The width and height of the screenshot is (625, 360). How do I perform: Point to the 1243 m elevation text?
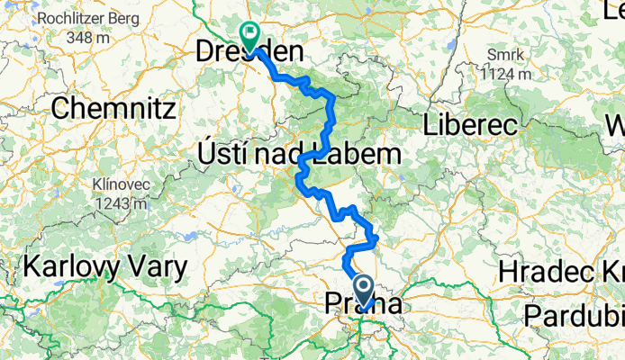(119, 204)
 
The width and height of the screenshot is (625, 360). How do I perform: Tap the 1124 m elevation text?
(505, 73)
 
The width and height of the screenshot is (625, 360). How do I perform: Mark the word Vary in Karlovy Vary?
(156, 267)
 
